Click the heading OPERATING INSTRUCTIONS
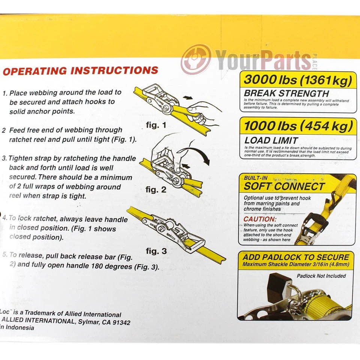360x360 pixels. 80,70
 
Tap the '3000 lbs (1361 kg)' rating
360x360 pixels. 298,80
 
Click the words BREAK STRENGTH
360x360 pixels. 286,93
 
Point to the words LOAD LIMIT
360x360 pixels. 271,140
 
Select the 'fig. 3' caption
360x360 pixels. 156,251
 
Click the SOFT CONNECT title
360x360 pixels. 284,186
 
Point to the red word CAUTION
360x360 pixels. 260,219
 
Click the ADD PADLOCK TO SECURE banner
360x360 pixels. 295,257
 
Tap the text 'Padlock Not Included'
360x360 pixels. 321,276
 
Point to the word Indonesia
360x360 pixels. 19,327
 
